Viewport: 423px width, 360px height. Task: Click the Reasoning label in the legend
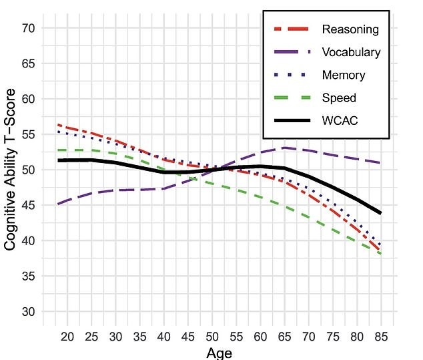[x=350, y=29]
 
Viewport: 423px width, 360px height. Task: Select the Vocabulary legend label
[x=351, y=52]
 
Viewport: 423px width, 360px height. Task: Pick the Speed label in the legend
[x=339, y=98]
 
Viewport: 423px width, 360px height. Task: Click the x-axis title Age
[x=220, y=353]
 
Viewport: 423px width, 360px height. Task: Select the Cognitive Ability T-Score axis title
[x=10, y=170]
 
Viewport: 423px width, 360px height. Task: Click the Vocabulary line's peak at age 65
[x=284, y=148]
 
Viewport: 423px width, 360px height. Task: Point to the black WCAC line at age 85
[x=380, y=213]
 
